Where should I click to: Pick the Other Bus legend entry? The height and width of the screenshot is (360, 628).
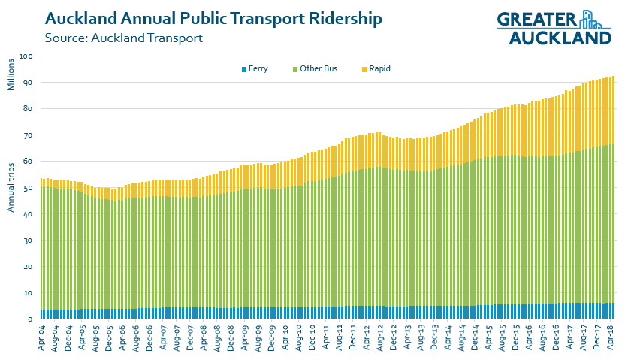[315, 69]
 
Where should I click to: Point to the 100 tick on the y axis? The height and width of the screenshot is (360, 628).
[28, 56]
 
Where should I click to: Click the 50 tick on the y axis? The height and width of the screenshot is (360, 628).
[29, 188]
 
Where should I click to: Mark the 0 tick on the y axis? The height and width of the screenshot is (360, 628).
[32, 319]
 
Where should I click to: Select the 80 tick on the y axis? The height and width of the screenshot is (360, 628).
[29, 109]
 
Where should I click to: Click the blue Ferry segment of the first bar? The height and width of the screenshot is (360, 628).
[42, 314]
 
